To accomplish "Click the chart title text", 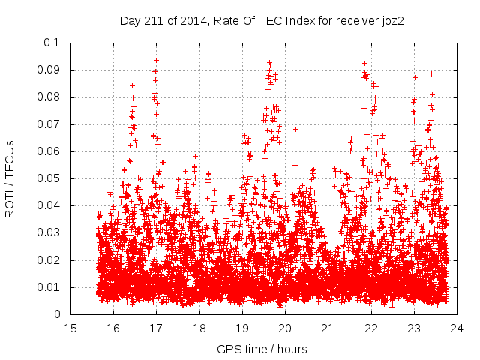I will coord(262,21).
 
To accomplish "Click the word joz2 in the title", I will coord(391,21).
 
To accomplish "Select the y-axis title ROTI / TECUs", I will coord(10,178).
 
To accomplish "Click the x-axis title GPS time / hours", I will coord(262,349).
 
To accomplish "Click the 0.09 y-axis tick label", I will coord(52,70).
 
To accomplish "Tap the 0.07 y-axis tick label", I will coord(52,124).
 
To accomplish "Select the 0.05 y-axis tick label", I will coord(52,178).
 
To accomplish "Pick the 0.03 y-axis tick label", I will coord(52,233).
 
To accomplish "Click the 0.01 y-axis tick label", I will coord(52,287).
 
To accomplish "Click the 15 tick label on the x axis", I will coord(70,328).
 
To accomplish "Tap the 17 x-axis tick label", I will coord(156,328).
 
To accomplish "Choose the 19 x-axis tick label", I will coord(242,328).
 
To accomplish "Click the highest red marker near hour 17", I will coord(156,60).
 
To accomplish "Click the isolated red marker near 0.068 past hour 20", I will coord(295,129).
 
